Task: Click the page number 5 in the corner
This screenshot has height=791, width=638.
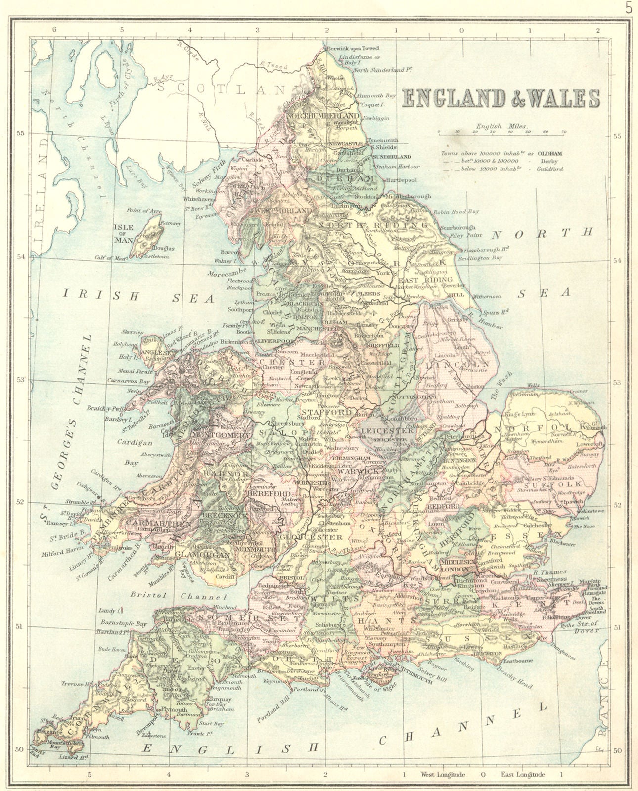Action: [629, 8]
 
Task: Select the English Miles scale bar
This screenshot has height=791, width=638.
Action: [501, 132]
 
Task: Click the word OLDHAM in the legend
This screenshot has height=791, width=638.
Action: [549, 153]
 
